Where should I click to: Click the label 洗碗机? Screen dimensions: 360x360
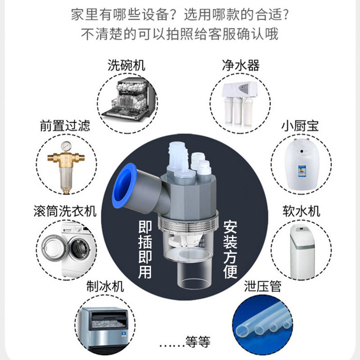(x=126, y=65)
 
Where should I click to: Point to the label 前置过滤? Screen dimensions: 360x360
(x=65, y=125)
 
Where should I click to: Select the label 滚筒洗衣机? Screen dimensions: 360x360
(x=65, y=211)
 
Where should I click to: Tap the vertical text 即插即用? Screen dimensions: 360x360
(x=145, y=249)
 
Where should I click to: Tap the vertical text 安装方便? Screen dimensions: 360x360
(x=230, y=249)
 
